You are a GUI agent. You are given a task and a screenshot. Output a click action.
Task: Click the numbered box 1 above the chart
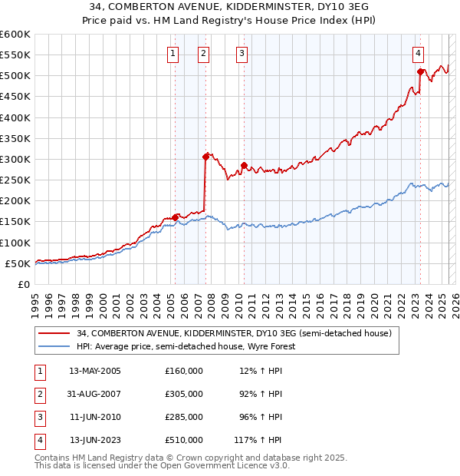click(172, 54)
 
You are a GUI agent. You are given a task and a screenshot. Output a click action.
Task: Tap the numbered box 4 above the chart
click(419, 54)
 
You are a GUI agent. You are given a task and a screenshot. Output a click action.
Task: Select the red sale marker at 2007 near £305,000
click(206, 157)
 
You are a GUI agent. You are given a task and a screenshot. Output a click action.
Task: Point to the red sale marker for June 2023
click(421, 71)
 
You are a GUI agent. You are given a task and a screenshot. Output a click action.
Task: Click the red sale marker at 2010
click(244, 165)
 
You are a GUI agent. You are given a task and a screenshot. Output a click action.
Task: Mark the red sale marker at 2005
click(176, 217)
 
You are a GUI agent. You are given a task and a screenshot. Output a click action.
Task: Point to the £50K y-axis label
click(18, 263)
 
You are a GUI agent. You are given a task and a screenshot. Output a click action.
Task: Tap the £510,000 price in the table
click(184, 440)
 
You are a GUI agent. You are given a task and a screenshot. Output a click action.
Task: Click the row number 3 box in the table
click(39, 417)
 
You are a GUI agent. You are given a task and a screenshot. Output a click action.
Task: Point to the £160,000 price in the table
click(184, 371)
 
